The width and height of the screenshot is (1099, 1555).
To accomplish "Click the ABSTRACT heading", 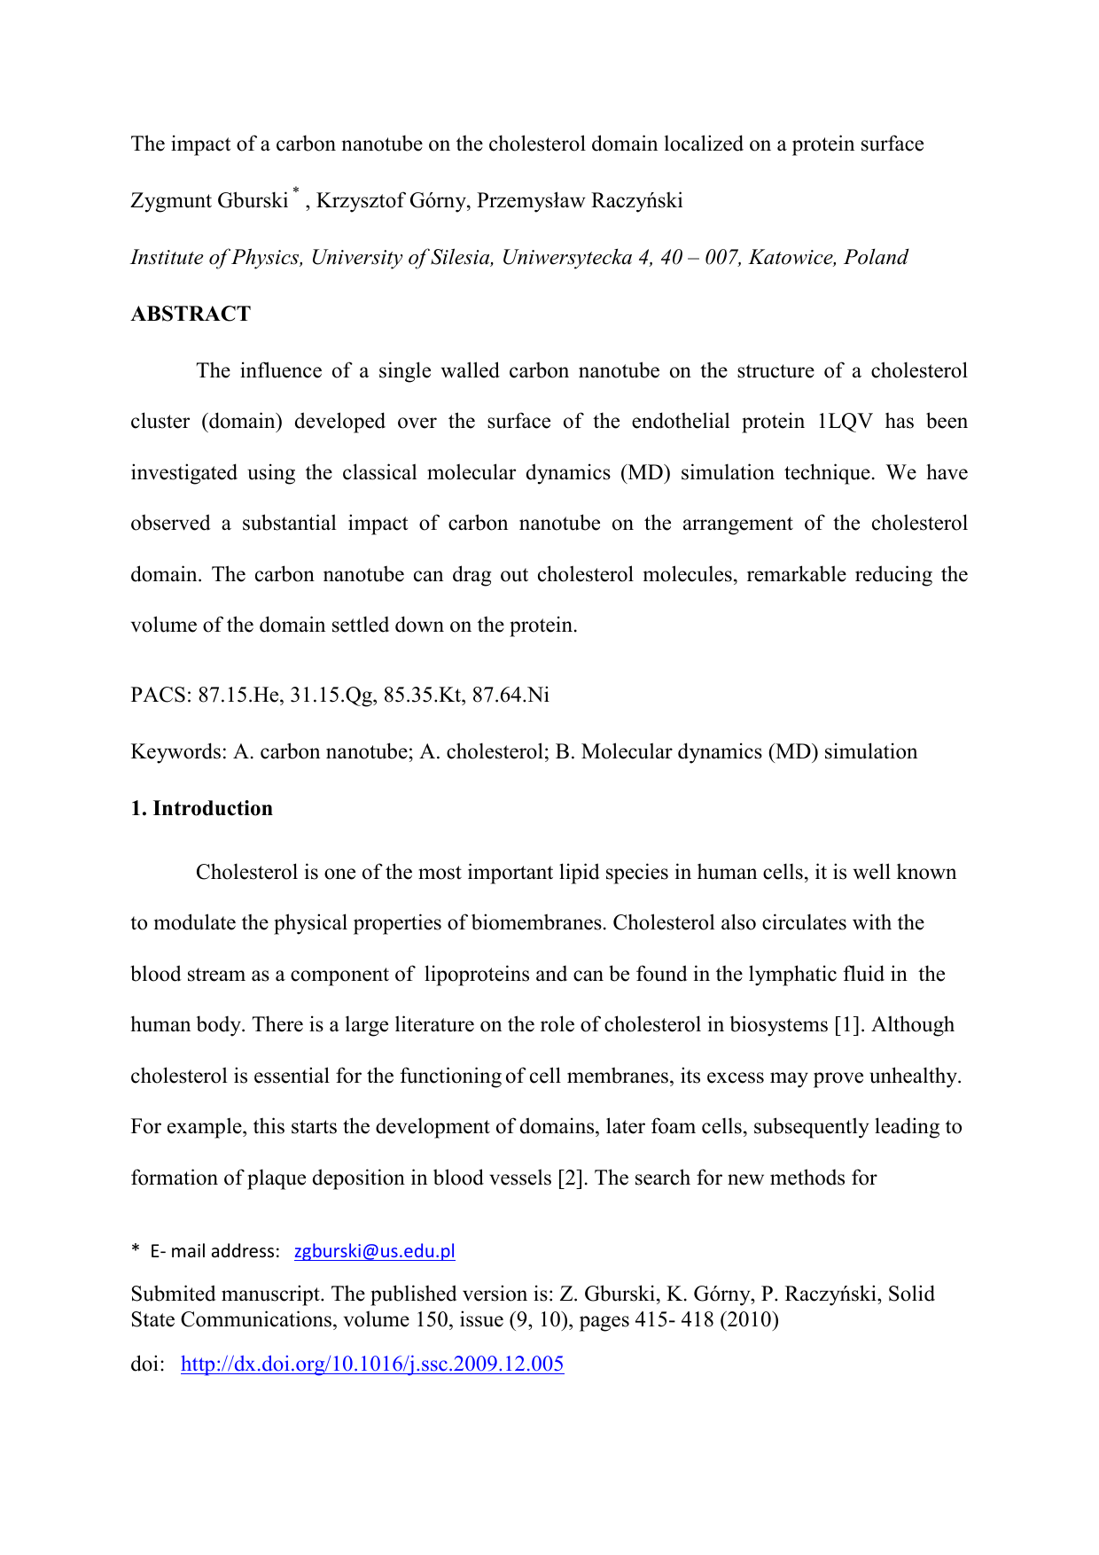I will pyautogui.click(x=191, y=315).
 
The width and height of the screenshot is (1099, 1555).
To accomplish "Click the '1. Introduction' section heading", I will pyautogui.click(x=202, y=808).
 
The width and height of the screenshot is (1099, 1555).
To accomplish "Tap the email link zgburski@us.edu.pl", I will pyautogui.click(x=374, y=1251).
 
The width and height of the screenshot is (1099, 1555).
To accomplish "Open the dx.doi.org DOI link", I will pyautogui.click(x=372, y=1364).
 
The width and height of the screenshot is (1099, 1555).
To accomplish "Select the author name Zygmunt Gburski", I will pyautogui.click(x=209, y=201).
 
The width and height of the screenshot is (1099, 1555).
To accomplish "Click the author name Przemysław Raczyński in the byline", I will pyautogui.click(x=580, y=201).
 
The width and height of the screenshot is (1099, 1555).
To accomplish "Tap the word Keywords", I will pyautogui.click(x=178, y=752).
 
